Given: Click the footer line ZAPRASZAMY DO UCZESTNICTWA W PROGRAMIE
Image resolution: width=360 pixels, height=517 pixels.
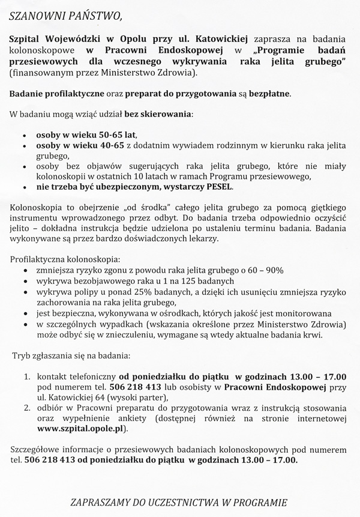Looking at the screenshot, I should [179, 502].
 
